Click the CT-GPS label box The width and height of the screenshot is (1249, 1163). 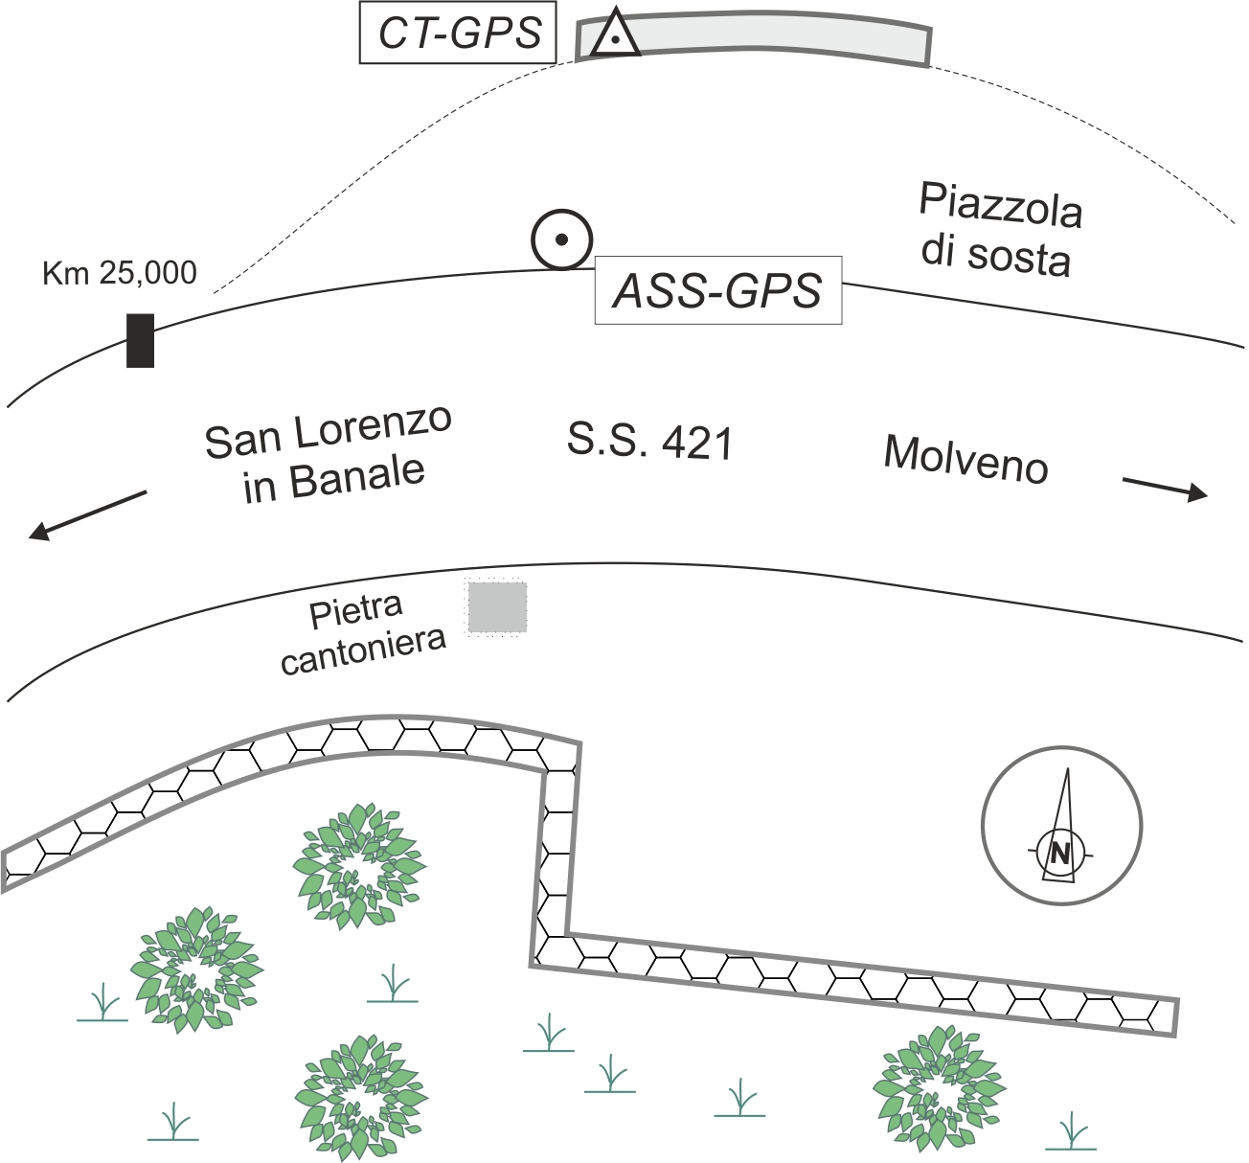[458, 33]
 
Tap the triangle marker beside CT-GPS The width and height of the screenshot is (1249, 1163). [614, 35]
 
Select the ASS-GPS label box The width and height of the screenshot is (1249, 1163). [718, 290]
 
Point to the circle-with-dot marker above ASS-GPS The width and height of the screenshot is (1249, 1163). [562, 239]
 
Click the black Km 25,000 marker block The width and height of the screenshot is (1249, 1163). [140, 340]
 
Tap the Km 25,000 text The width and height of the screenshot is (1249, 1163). [120, 273]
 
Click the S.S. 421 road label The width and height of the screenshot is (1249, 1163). [649, 443]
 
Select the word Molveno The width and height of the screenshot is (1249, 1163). [965, 459]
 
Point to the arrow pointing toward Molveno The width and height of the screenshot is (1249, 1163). [1164, 489]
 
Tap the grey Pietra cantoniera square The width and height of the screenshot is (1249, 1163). [497, 607]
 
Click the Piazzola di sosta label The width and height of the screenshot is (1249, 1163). [998, 230]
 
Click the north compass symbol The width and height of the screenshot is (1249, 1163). [1061, 826]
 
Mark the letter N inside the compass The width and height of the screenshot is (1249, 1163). [1059, 852]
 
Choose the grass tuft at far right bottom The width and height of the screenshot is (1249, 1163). [1071, 1132]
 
